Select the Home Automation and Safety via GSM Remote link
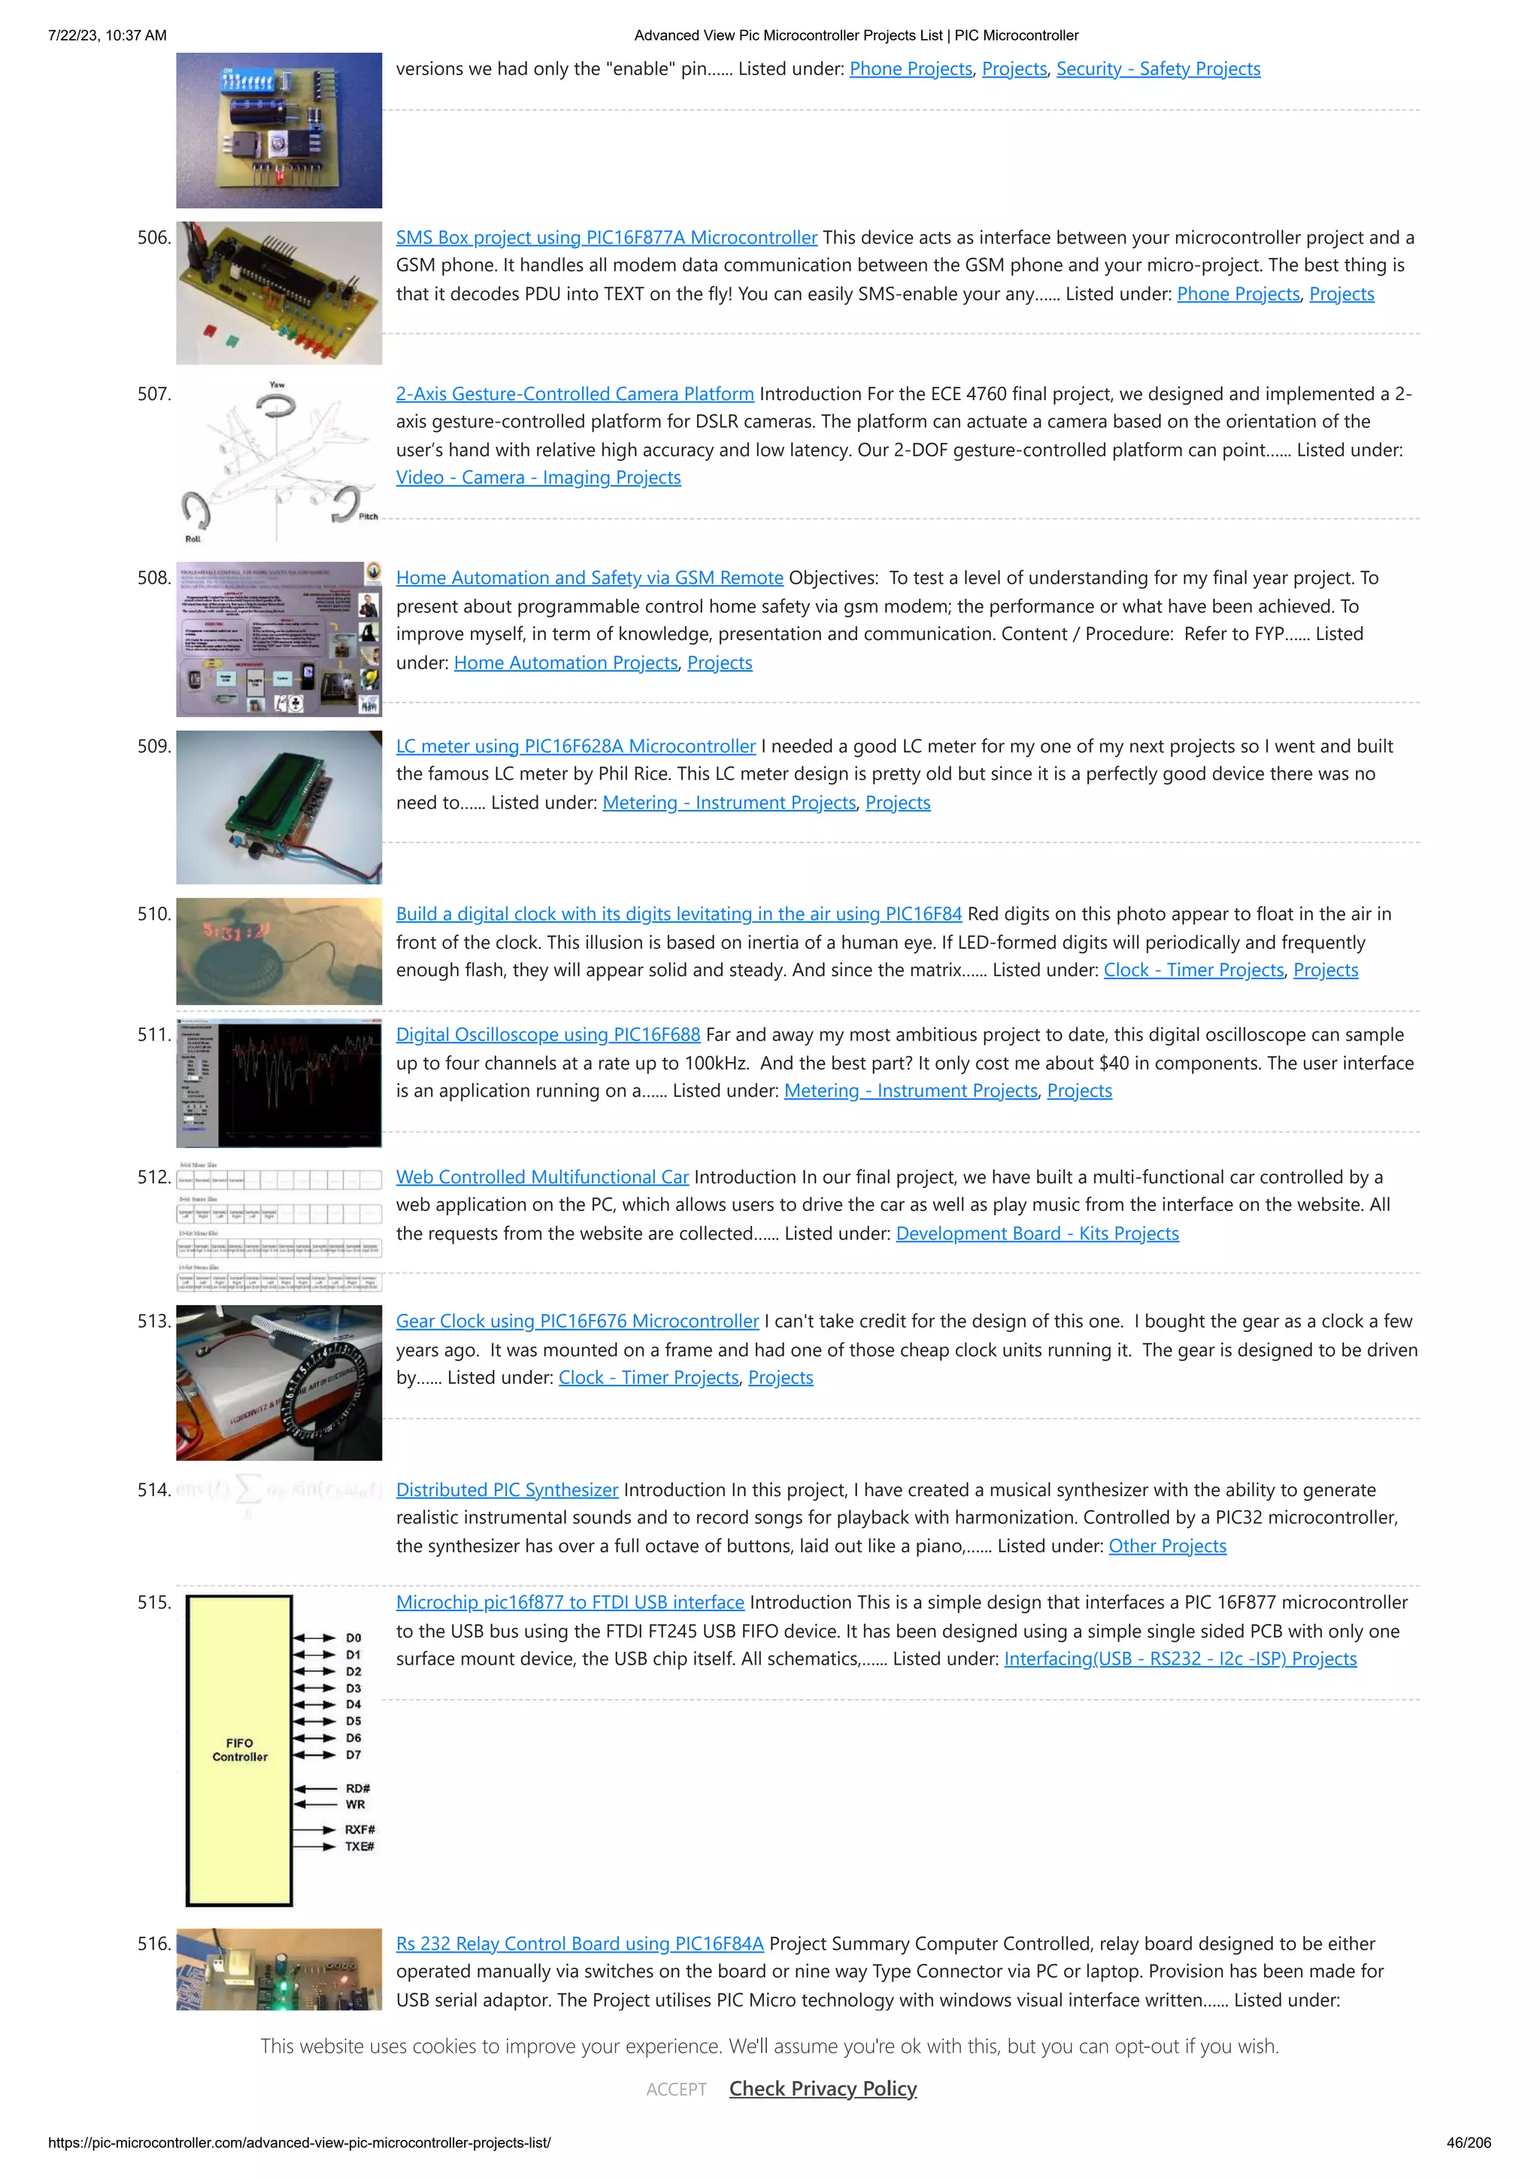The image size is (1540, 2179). click(590, 578)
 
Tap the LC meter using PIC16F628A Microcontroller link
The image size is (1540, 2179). click(575, 746)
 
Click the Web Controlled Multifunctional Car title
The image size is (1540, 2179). click(542, 1177)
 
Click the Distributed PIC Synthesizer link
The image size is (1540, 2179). click(507, 1490)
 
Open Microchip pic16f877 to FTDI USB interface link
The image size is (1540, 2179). click(569, 1602)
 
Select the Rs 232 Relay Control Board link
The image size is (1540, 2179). click(579, 1944)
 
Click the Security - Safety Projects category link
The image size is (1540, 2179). click(1157, 68)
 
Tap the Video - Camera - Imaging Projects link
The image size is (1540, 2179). click(538, 478)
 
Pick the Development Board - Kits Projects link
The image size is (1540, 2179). click(1037, 1233)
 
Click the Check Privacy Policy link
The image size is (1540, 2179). click(823, 2088)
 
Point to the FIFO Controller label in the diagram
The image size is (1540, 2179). click(240, 1750)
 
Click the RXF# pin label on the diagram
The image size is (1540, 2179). click(359, 1828)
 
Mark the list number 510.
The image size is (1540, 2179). click(153, 914)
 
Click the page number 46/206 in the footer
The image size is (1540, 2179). click(1468, 2142)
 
